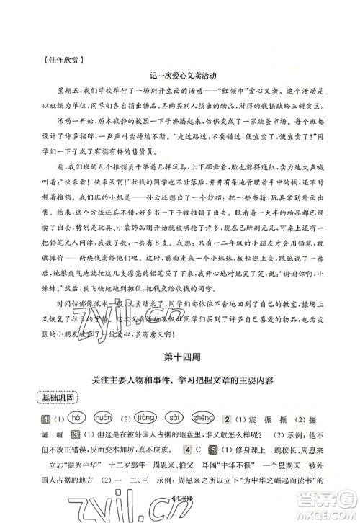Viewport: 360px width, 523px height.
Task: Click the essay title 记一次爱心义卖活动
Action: point(180,74)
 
